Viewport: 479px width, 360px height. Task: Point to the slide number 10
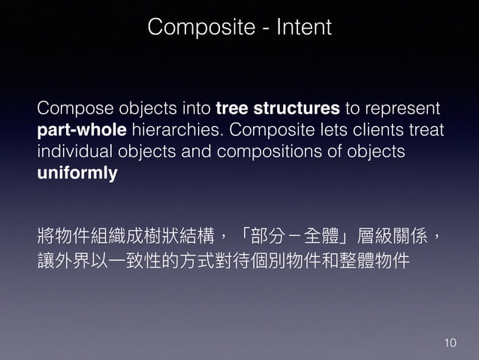[x=449, y=343]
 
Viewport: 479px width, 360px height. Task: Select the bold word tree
[x=230, y=108]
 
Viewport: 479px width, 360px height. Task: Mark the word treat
[x=426, y=130]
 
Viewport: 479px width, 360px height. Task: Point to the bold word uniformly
[x=77, y=174]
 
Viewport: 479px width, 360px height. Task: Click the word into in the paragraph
[x=197, y=108]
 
